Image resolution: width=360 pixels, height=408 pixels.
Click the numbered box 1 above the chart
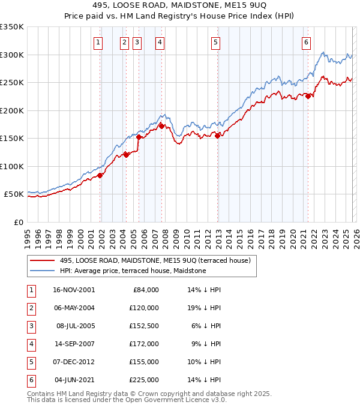(98, 42)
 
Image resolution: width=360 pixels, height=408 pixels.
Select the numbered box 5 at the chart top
(215, 42)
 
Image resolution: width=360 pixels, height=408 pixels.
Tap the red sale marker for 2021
(308, 96)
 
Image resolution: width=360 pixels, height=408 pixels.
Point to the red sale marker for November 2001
(101, 175)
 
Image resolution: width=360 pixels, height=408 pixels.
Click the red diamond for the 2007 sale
(162, 126)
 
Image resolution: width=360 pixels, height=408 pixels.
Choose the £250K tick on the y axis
(12, 83)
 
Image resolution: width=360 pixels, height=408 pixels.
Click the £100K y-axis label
(12, 166)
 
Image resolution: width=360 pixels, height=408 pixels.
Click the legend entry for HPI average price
(133, 271)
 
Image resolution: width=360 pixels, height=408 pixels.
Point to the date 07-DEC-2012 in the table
(74, 362)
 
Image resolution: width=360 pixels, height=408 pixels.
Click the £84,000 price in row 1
(145, 290)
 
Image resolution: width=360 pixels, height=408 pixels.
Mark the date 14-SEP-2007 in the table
(74, 344)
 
